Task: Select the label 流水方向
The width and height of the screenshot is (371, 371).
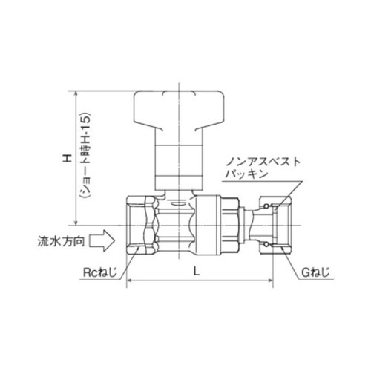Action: (58, 241)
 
